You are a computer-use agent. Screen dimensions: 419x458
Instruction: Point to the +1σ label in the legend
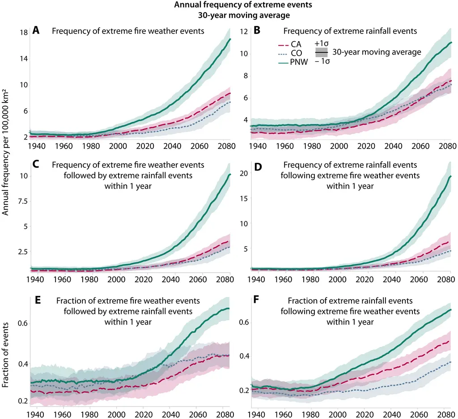321,43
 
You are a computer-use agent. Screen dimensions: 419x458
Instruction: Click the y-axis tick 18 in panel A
24,33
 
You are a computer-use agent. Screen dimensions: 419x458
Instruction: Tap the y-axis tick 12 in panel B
244,31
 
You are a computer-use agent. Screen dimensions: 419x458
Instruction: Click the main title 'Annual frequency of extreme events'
229,6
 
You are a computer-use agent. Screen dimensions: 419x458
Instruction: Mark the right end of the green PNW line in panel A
230,39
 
